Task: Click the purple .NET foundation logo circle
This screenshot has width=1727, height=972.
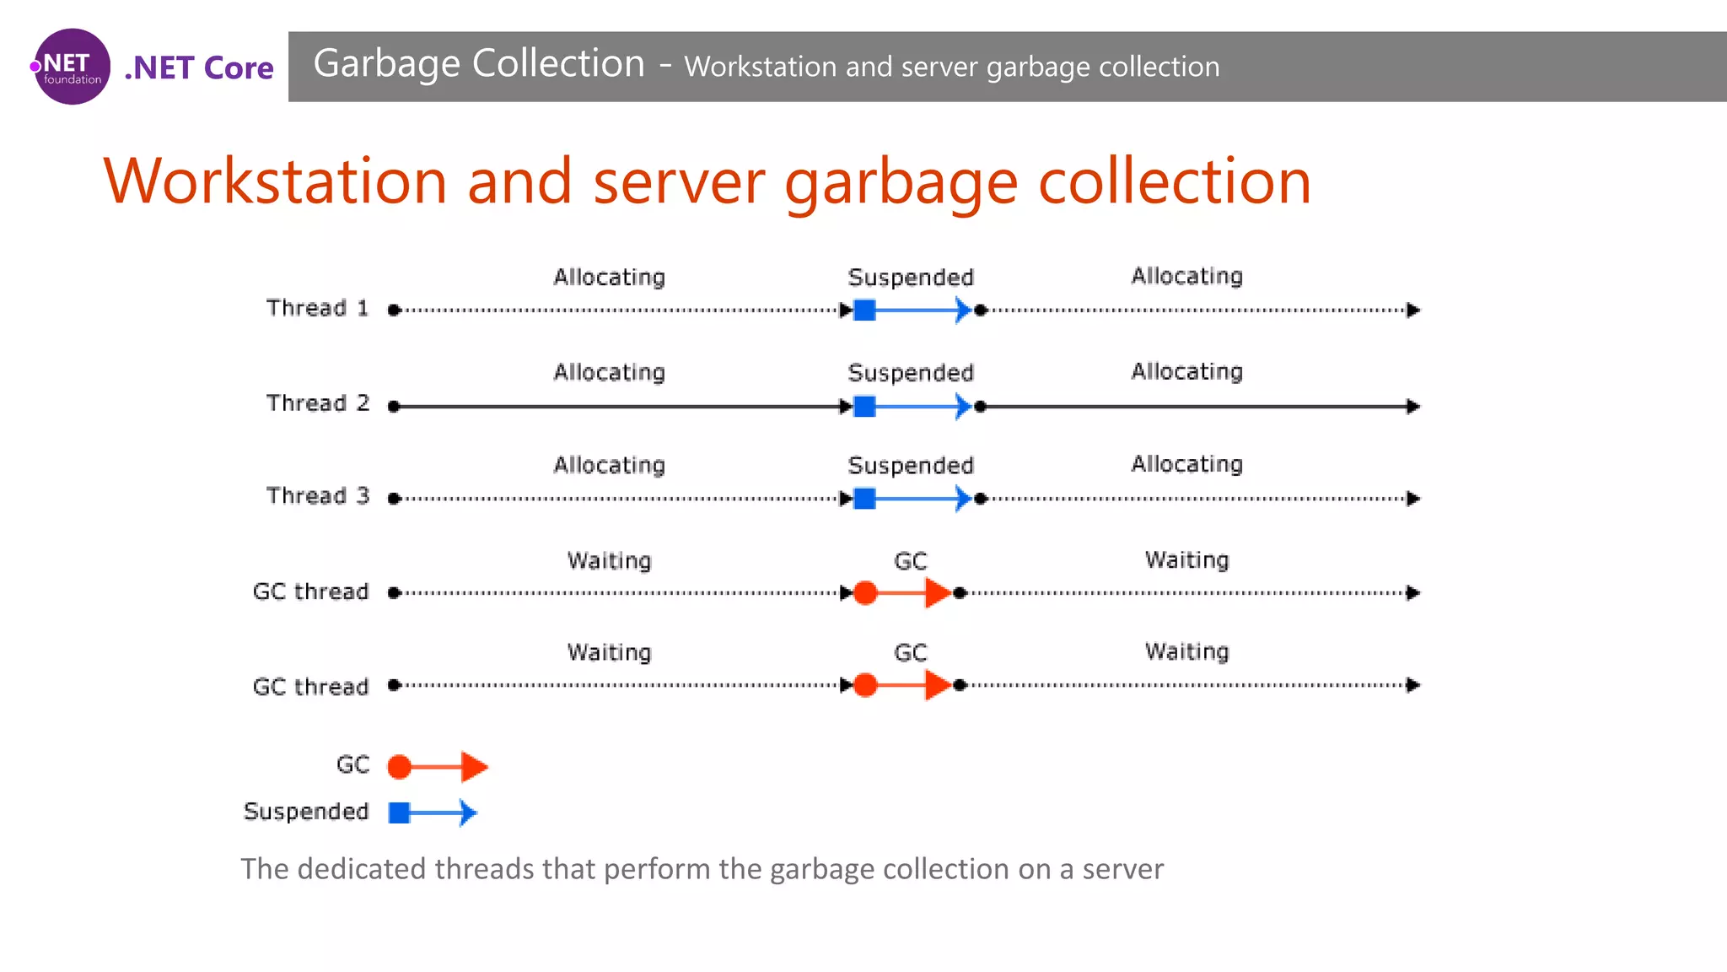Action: click(72, 67)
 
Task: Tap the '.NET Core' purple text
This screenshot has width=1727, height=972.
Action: click(199, 67)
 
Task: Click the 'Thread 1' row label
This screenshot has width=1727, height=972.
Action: click(317, 308)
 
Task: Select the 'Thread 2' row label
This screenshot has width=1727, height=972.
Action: click(317, 403)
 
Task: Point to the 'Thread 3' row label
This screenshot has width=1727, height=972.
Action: click(317, 496)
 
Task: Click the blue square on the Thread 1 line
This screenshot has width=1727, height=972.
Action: click(864, 310)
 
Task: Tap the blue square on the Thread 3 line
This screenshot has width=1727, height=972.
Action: click(864, 499)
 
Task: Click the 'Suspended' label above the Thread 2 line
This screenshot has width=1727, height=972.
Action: click(910, 373)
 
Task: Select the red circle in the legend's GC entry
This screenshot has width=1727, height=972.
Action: click(400, 767)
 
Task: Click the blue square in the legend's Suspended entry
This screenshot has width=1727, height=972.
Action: click(400, 813)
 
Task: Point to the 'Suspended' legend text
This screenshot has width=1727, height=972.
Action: click(306, 812)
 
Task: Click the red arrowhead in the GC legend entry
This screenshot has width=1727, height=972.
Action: click(474, 767)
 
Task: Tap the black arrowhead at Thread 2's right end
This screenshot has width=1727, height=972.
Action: click(1413, 407)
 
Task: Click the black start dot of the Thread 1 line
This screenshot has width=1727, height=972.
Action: click(394, 310)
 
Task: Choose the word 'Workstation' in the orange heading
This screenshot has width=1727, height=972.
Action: click(275, 181)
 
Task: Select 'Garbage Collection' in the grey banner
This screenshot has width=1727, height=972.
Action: click(479, 64)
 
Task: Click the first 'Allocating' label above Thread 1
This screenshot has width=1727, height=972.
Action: click(609, 278)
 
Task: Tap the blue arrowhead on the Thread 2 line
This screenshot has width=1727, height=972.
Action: click(962, 407)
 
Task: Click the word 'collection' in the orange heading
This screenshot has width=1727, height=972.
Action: click(1175, 181)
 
